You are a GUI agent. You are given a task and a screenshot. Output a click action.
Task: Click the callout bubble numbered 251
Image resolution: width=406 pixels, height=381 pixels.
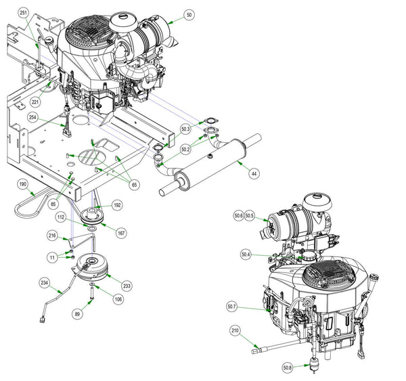click(x=23, y=14)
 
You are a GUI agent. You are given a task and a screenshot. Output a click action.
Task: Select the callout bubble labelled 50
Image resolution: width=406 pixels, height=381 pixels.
click(x=189, y=15)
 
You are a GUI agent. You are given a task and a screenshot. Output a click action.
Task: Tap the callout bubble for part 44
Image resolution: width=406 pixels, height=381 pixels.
click(x=254, y=173)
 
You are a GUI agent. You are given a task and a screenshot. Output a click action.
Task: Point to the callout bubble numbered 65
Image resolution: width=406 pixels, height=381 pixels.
click(x=134, y=185)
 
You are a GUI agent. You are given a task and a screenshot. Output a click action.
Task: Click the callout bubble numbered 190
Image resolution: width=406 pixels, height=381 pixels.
click(x=23, y=184)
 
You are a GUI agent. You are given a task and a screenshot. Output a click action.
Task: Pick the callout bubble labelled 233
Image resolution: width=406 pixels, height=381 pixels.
click(x=127, y=286)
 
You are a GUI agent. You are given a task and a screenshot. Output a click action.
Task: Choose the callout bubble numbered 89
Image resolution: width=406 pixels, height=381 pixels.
click(x=77, y=314)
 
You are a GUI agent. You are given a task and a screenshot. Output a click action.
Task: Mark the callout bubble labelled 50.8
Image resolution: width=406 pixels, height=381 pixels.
click(x=288, y=367)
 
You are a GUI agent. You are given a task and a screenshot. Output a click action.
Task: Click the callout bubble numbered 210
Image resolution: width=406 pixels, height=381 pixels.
click(x=235, y=331)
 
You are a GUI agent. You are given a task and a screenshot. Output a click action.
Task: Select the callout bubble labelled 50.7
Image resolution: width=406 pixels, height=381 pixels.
click(x=231, y=307)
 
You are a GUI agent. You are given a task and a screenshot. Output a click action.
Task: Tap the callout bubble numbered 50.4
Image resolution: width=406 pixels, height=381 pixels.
click(x=246, y=254)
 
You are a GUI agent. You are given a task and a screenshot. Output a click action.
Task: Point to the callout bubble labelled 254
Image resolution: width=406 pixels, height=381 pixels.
click(x=32, y=117)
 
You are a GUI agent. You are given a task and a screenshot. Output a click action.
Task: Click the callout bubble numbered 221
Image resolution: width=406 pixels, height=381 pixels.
click(x=35, y=102)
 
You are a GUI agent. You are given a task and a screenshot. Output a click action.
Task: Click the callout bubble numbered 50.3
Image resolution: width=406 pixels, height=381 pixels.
click(x=185, y=129)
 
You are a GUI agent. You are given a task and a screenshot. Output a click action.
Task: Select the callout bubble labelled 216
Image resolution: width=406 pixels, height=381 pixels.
click(x=52, y=236)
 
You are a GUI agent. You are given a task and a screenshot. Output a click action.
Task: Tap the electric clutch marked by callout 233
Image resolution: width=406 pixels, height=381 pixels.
click(x=91, y=267)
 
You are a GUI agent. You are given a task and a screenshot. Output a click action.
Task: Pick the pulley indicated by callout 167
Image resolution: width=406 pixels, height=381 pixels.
click(x=92, y=215)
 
